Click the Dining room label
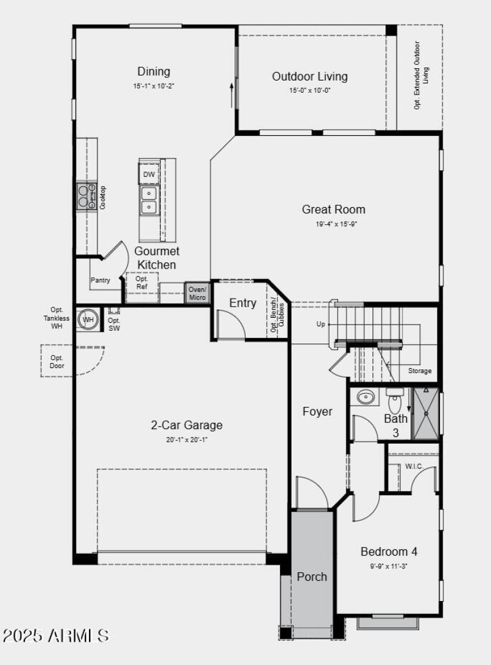point(153,72)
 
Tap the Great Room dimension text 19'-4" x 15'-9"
point(336,224)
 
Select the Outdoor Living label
point(309,77)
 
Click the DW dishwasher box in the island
point(149,175)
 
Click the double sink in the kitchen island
point(149,200)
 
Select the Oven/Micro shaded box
point(198,293)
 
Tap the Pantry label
point(101,280)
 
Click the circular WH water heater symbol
point(88,320)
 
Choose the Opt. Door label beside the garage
point(57,362)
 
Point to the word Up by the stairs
point(320,324)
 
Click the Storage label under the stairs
point(420,371)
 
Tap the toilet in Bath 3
point(395,403)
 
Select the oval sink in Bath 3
point(367,398)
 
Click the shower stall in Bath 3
point(426,413)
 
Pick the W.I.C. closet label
point(413,466)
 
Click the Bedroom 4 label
point(389,551)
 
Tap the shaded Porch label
point(312,576)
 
